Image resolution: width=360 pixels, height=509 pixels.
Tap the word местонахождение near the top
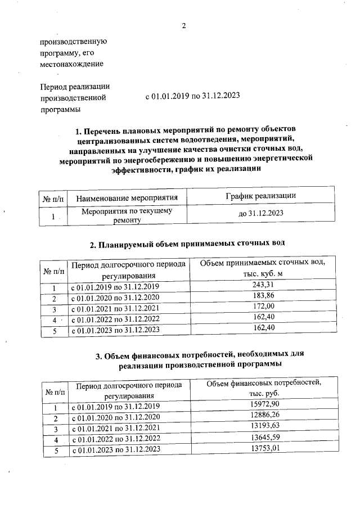(71, 64)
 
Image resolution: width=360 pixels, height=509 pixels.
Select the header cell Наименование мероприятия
(127, 197)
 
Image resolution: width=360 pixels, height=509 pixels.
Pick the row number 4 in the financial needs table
(55, 438)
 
